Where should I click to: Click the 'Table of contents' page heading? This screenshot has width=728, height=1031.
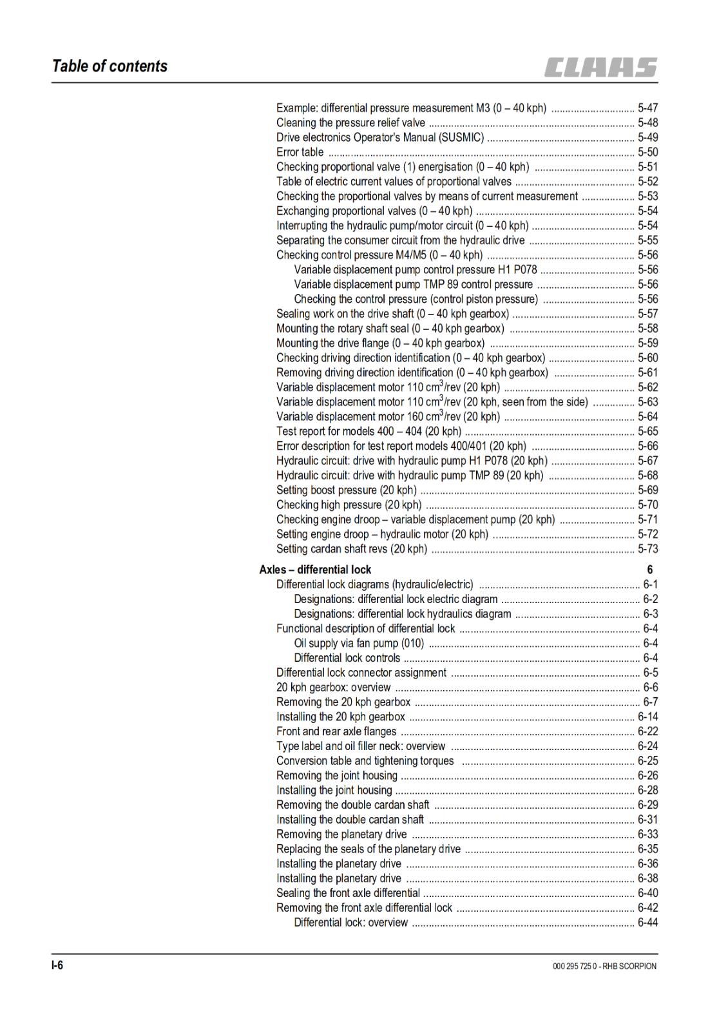pos(110,66)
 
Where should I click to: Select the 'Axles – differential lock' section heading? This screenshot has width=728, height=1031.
pos(315,570)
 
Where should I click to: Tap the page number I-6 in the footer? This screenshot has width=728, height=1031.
pos(58,965)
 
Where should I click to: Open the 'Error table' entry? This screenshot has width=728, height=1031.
pos(300,152)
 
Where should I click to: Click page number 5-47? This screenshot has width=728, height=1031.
pos(647,108)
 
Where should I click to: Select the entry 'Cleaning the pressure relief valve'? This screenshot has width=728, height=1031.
pos(350,122)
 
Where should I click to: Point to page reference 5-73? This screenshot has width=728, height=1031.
pos(647,549)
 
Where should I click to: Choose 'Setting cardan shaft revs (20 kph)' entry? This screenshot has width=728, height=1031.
pos(352,549)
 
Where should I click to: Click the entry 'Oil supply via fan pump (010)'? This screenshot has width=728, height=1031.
pos(359,643)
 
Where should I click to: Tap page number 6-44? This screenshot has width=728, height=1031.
pos(647,923)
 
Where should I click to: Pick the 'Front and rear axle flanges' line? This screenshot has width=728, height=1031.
pos(336,731)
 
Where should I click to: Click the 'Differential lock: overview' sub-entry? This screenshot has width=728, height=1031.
pos(350,923)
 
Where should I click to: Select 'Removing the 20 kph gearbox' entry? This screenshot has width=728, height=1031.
pos(343,702)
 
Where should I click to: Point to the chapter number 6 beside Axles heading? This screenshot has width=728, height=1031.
pos(650,570)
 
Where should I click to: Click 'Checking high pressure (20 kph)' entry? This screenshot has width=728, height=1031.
pos(349,505)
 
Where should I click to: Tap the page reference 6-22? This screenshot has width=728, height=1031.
pos(647,731)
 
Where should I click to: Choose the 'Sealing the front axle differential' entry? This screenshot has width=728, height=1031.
pos(348,893)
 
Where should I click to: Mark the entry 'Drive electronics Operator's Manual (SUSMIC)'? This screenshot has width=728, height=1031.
pos(380,137)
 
